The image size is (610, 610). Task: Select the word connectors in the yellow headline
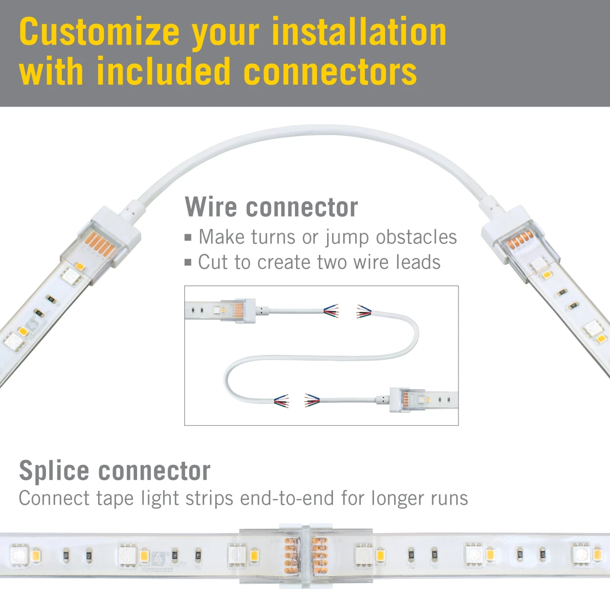330,72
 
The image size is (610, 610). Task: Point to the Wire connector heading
271,207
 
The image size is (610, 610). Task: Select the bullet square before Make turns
188,237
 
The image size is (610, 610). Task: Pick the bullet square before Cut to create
188,262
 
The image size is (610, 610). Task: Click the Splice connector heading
115,471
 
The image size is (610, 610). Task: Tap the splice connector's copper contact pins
306,556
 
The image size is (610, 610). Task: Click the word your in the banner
225,32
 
